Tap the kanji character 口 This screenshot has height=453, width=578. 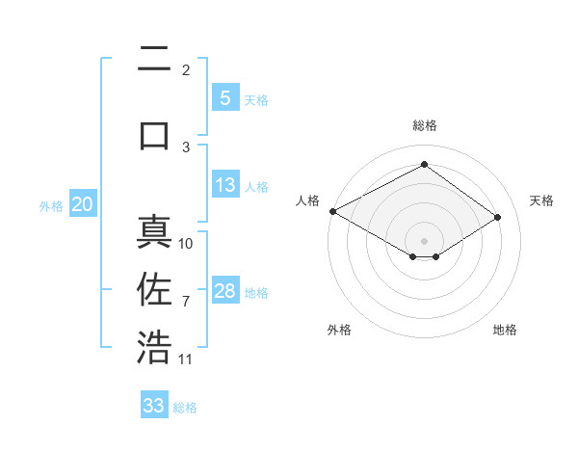[154, 134]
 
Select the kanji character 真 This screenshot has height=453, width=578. [154, 234]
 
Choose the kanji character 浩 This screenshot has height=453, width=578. [154, 348]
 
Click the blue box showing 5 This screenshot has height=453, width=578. [224, 98]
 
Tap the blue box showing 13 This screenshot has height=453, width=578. [224, 185]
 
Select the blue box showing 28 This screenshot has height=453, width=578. [224, 291]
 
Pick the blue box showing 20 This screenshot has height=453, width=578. [82, 204]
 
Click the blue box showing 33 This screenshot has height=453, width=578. [154, 406]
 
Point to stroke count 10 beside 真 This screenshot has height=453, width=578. [186, 244]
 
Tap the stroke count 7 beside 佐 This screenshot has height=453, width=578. [186, 302]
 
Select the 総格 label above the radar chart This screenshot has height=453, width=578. [424, 125]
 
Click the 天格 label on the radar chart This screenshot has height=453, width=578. [542, 200]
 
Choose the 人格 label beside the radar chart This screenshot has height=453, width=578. [307, 200]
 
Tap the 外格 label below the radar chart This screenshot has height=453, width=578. [339, 330]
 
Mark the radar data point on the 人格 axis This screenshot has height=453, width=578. [332, 210]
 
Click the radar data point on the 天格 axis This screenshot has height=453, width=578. [498, 217]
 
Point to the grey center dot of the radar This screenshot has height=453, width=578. [424, 240]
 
